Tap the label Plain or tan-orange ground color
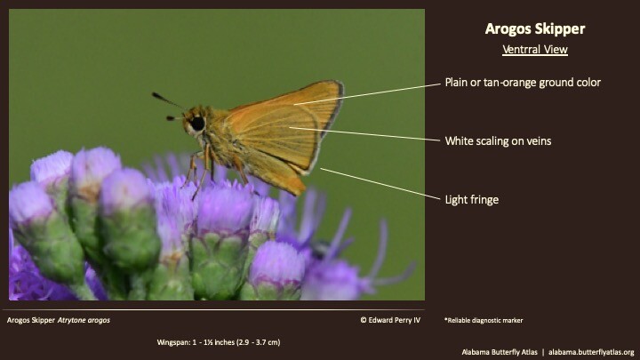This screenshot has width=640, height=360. [x=523, y=83]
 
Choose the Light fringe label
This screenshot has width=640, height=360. [x=471, y=199]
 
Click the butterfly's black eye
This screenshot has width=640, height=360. [x=196, y=123]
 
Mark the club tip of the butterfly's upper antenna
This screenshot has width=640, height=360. [x=156, y=95]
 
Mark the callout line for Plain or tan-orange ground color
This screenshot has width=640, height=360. [x=369, y=92]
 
